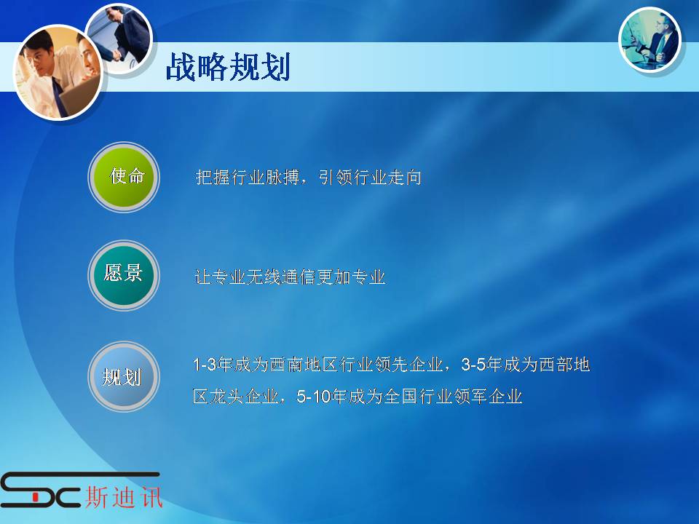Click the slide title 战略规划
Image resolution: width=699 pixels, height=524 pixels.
click(x=228, y=67)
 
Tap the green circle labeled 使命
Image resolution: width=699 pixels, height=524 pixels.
click(x=124, y=177)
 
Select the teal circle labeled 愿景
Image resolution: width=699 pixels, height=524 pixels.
click(x=124, y=275)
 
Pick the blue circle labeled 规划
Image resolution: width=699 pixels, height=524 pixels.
click(x=124, y=376)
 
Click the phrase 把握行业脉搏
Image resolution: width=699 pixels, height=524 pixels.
click(x=248, y=178)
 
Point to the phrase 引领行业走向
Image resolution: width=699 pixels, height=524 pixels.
click(x=370, y=178)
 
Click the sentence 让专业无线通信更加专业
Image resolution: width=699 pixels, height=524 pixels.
click(x=291, y=277)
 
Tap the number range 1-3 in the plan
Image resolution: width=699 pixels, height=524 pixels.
click(x=205, y=365)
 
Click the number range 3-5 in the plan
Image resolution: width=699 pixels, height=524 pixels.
click(x=473, y=365)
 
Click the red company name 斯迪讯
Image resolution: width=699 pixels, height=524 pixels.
click(x=124, y=496)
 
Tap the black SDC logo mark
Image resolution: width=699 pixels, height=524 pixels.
click(x=41, y=489)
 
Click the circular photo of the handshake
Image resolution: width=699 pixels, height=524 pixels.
click(x=119, y=39)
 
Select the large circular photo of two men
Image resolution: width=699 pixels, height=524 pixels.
click(x=58, y=72)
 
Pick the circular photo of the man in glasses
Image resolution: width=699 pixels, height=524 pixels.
click(x=650, y=39)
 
